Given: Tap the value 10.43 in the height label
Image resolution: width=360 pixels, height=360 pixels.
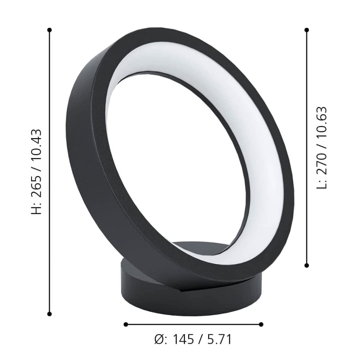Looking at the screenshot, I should [37, 142].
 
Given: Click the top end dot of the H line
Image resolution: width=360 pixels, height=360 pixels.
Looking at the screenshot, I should [50, 30].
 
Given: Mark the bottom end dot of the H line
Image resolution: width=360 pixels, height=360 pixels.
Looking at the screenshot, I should [50, 314].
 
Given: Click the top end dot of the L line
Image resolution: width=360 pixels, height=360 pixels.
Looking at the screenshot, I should [307, 30].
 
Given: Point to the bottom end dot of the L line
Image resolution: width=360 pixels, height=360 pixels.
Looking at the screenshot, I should [307, 265].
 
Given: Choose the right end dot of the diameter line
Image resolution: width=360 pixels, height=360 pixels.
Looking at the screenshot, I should [261, 324].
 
